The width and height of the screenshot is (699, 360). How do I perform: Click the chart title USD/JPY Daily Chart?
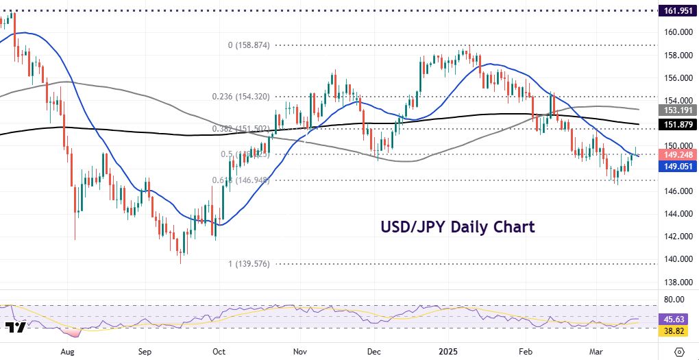coord(458,226)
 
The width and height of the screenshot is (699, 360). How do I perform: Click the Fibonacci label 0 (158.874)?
coord(249,45)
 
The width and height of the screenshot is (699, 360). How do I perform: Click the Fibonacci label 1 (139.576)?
coord(249,264)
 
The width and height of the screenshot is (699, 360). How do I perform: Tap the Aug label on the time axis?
coord(66,350)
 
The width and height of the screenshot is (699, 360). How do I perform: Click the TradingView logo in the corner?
coord(15,327)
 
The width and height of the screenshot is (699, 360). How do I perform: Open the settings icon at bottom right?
coord(678,351)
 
